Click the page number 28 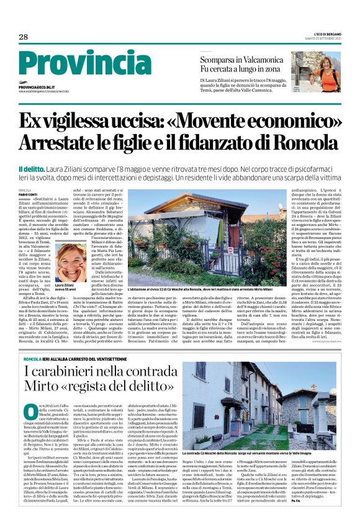point(23,37)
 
